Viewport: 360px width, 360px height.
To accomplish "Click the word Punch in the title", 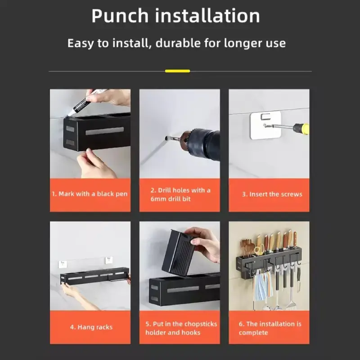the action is tap(120, 16).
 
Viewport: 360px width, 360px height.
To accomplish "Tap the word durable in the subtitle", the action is tap(178, 43).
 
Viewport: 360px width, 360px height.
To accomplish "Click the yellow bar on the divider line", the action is tap(177, 71).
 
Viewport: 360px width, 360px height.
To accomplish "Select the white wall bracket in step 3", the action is tap(265, 125).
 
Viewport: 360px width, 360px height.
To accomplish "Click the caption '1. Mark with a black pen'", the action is tap(90, 194).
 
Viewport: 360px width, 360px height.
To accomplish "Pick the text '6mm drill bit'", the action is tap(171, 199).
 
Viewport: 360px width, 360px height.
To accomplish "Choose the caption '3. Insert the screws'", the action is tap(272, 194).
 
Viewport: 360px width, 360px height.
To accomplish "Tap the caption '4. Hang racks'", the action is tap(91, 327).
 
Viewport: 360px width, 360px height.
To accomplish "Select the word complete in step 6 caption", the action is tap(253, 333).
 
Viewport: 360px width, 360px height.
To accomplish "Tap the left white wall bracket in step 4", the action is tap(63, 264).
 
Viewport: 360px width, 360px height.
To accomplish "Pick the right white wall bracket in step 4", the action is tap(109, 261).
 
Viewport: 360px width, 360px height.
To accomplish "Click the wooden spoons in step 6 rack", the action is tap(247, 248).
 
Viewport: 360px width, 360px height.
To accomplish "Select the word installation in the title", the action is tap(207, 16).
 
